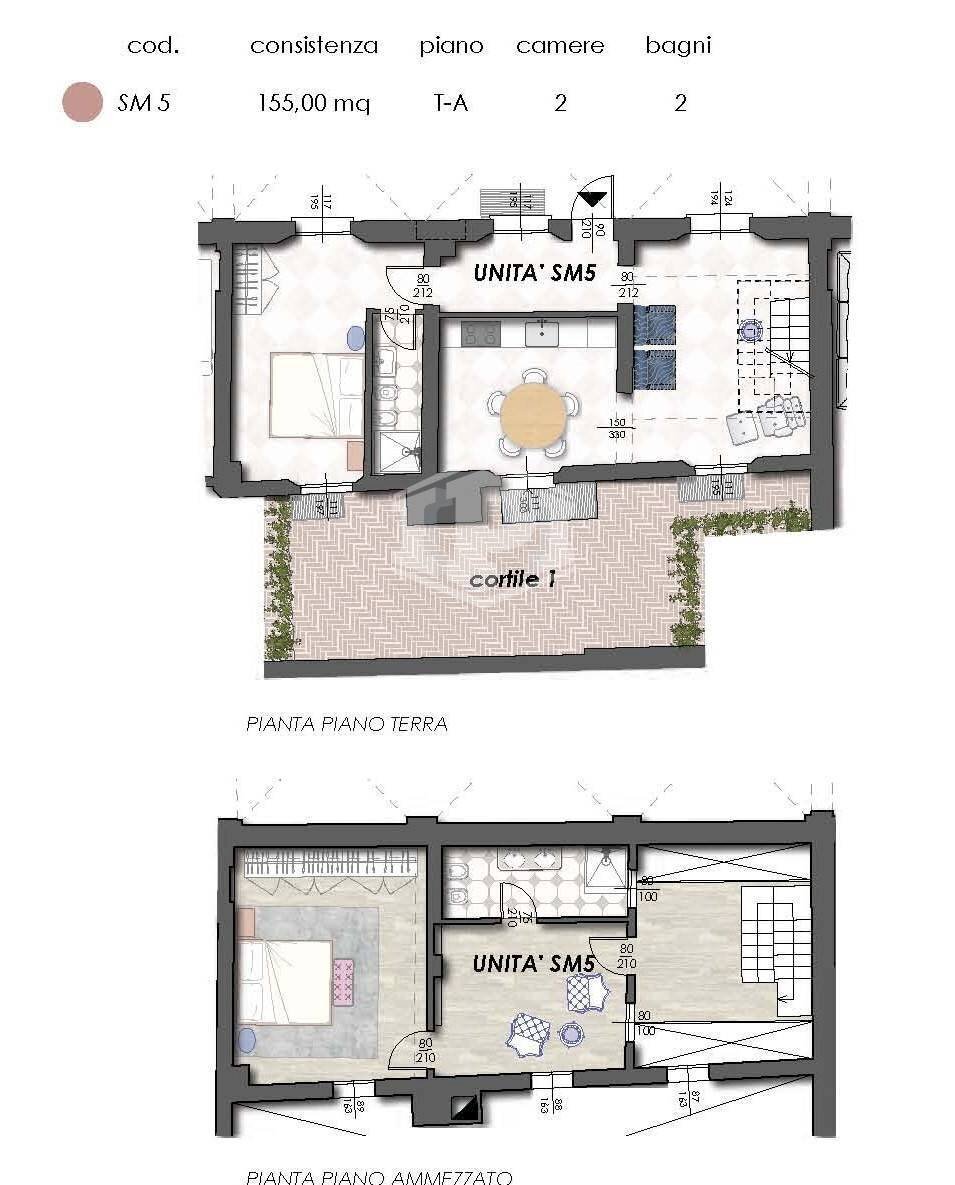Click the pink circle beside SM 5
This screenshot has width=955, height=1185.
click(x=82, y=102)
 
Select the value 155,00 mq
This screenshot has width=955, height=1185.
click(x=313, y=103)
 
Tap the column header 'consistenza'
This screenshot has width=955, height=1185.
click(x=313, y=46)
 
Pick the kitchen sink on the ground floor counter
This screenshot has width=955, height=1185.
click(x=542, y=332)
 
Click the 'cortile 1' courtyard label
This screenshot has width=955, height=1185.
click(x=512, y=579)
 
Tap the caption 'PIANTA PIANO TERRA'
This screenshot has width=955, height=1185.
click(x=346, y=724)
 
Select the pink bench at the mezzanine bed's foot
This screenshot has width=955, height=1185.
click(x=344, y=981)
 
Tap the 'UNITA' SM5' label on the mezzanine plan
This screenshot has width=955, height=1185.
click(x=533, y=965)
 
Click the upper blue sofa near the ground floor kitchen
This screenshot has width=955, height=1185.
click(x=655, y=324)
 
